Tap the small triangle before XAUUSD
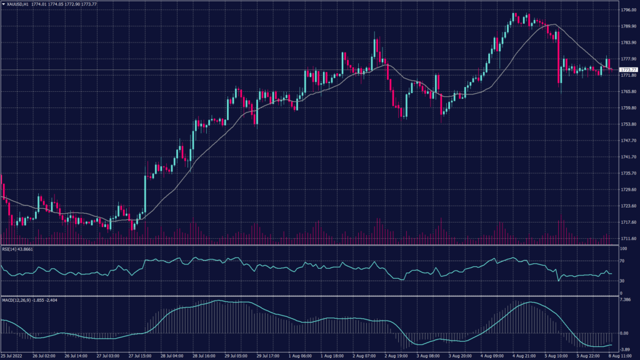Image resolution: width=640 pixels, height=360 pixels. [3, 4]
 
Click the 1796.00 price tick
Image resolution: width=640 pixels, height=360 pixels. [628, 10]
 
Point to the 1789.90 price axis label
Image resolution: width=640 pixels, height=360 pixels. [628, 26]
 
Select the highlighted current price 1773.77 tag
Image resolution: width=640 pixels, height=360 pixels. [628, 69]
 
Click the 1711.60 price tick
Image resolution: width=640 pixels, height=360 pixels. [628, 238]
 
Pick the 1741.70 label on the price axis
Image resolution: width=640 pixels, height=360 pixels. [628, 157]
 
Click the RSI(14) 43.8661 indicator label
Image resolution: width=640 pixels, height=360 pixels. [17, 249]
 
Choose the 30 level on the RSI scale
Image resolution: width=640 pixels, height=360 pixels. [622, 281]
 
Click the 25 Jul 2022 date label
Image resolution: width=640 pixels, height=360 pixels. [13, 356]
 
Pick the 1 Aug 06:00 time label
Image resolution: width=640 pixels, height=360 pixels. [301, 356]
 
